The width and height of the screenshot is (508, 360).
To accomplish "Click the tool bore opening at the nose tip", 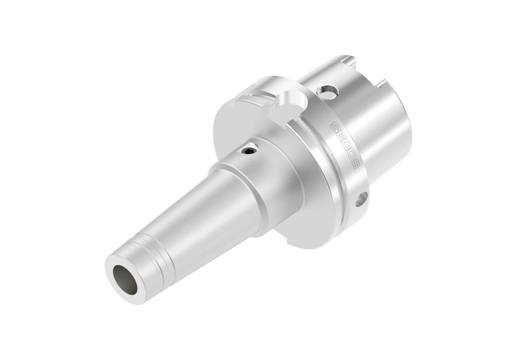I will tap(127, 279).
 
